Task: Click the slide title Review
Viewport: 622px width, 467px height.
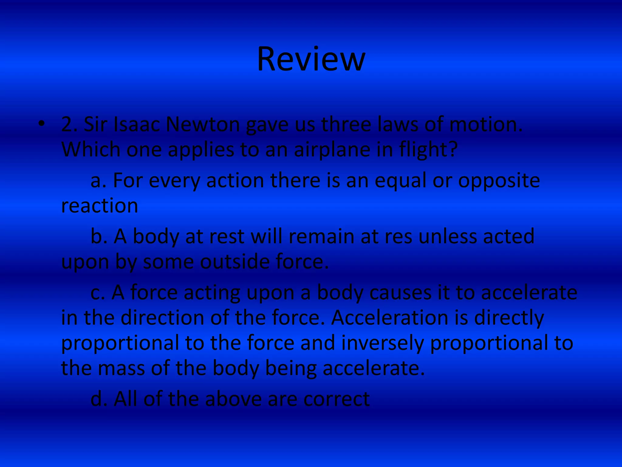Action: pyautogui.click(x=311, y=59)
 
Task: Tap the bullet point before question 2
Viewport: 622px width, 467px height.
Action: pyautogui.click(x=42, y=124)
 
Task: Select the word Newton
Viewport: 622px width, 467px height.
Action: pyautogui.click(x=203, y=125)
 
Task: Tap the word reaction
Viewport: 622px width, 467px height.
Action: pyautogui.click(x=100, y=206)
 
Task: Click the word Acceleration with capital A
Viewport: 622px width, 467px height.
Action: pyautogui.click(x=390, y=318)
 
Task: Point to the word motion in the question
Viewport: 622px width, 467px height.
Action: pyautogui.click(x=485, y=125)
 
